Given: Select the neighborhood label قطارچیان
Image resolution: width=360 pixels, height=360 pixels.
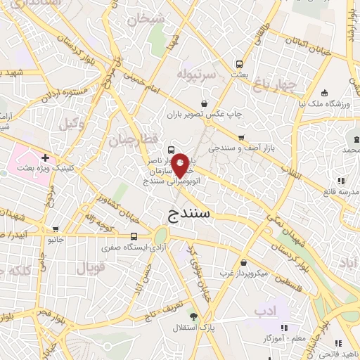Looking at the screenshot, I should [x=129, y=139].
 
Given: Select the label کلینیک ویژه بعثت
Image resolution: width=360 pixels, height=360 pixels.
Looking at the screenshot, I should [x=34, y=169].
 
